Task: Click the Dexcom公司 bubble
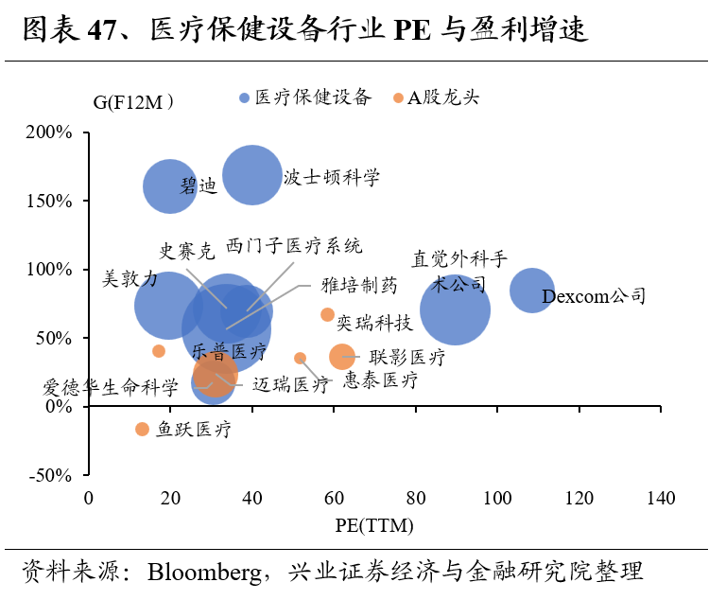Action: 531,291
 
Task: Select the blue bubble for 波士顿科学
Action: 251,174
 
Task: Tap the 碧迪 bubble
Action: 170,186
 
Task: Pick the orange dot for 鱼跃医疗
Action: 142,429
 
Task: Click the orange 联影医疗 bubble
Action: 342,357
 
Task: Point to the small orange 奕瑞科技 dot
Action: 327,314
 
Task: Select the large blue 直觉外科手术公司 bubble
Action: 455,309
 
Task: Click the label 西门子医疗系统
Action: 294,248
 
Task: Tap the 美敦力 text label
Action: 130,278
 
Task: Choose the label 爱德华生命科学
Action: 111,387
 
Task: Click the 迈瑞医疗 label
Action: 291,384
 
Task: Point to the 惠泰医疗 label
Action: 380,380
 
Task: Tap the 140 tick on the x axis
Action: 661,498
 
